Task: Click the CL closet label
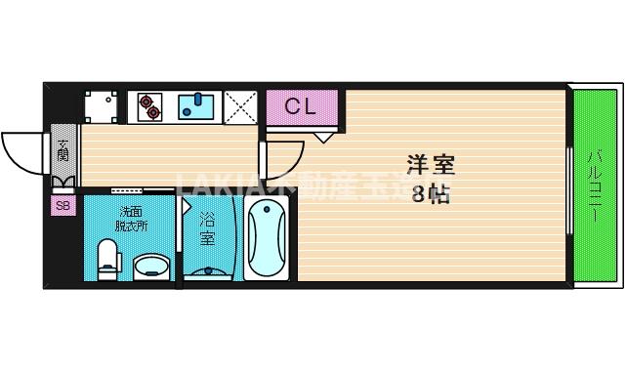(300, 106)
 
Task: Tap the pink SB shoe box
(62, 206)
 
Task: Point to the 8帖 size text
(431, 193)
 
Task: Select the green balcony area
(596, 185)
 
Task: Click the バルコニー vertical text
(595, 185)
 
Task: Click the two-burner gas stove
(150, 106)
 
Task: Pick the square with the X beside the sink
(239, 106)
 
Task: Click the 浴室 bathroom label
(207, 229)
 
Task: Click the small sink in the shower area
(208, 268)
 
